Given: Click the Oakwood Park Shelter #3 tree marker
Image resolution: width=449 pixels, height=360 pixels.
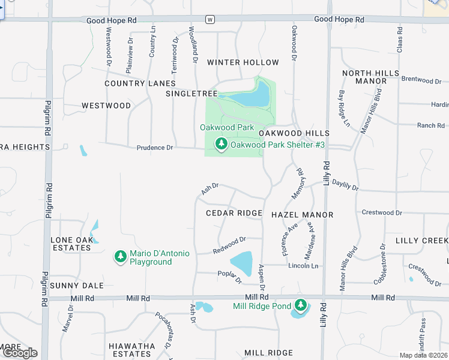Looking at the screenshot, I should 221,144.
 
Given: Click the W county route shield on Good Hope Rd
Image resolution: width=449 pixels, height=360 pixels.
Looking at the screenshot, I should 209,19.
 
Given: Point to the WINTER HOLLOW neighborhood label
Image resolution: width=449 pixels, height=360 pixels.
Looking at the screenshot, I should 243,62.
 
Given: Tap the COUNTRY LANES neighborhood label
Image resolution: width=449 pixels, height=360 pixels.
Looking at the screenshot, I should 140,83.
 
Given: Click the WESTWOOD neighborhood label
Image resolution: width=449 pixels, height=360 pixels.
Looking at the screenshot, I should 106,106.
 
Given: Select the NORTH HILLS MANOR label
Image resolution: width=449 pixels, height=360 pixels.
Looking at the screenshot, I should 370,77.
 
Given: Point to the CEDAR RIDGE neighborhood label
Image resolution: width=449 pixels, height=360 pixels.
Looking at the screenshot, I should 234,213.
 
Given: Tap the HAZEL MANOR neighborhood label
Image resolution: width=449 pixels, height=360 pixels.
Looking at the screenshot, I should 302,214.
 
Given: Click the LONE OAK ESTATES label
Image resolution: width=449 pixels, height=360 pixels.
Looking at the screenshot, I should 71,244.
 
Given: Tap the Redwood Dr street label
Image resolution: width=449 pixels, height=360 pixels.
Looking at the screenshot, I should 229,244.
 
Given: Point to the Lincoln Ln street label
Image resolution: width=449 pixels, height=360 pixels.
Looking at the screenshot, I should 303,266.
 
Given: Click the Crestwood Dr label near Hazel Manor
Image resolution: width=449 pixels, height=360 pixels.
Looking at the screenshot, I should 382,213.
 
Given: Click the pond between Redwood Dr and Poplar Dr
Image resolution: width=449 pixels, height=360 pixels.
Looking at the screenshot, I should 242,263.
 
